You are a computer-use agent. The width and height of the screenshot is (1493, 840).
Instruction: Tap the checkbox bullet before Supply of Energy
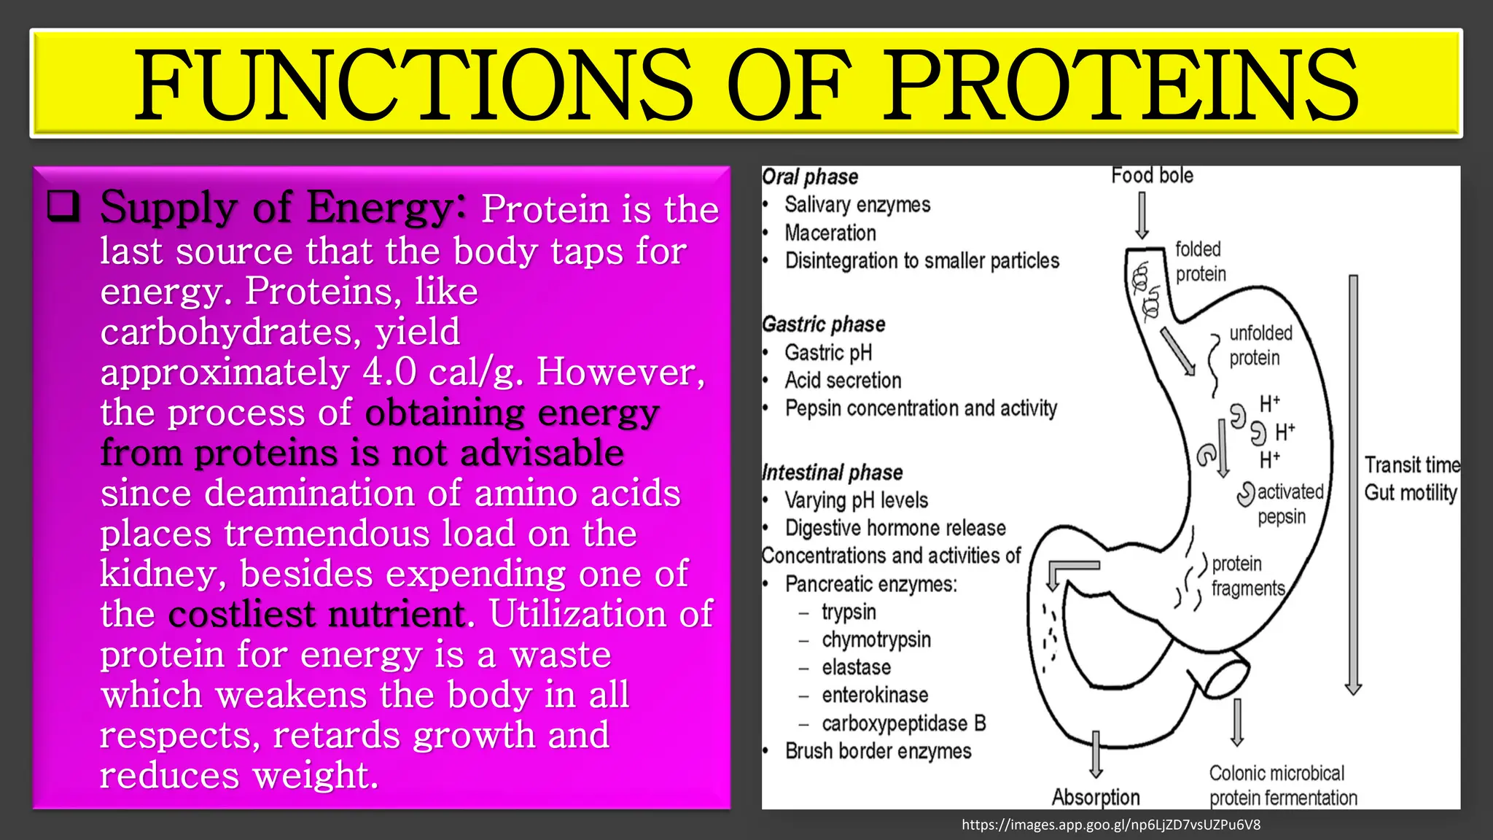click(x=63, y=206)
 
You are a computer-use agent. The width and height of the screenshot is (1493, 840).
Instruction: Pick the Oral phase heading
click(x=810, y=177)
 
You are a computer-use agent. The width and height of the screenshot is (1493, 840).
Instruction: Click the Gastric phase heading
click(x=824, y=324)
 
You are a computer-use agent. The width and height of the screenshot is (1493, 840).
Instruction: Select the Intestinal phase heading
click(x=832, y=472)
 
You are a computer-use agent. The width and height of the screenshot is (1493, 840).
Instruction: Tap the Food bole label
click(x=1152, y=176)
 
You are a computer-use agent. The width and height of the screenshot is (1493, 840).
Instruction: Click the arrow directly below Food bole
click(x=1142, y=216)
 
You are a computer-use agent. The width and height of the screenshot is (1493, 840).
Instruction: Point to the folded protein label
click(x=1201, y=261)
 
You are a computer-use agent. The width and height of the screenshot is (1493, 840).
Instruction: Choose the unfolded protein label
click(x=1260, y=346)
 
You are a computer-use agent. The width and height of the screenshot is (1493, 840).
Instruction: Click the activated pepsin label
click(x=1290, y=504)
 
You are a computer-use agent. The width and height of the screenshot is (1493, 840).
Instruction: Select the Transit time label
click(x=1411, y=465)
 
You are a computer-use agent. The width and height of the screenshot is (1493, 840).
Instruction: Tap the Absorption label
click(x=1095, y=798)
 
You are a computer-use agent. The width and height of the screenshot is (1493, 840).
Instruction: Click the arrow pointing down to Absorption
click(x=1096, y=754)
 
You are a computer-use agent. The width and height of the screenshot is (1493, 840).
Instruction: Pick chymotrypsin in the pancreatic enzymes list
click(x=876, y=640)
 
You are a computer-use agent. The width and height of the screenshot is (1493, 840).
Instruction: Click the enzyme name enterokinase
click(x=875, y=696)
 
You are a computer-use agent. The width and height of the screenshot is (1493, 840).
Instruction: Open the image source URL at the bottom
click(x=1110, y=825)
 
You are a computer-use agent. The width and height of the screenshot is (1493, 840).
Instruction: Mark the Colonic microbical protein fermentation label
click(x=1282, y=785)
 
